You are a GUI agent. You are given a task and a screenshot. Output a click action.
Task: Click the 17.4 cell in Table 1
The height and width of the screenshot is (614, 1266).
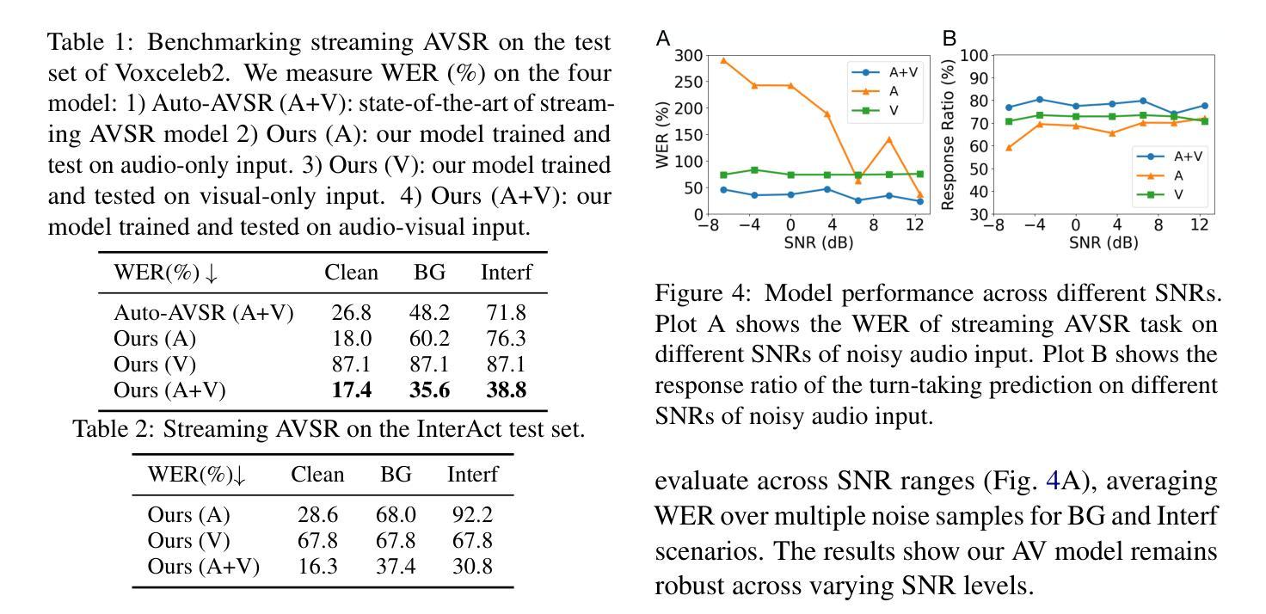(351, 390)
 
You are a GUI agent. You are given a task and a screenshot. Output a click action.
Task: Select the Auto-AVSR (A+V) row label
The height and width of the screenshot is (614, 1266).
(205, 314)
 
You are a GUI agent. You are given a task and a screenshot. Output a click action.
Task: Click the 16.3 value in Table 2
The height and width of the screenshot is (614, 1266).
(315, 567)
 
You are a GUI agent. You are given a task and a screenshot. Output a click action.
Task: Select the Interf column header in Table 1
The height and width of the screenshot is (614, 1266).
(506, 273)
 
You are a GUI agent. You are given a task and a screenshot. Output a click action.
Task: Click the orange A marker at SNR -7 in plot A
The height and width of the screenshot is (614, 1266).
(723, 61)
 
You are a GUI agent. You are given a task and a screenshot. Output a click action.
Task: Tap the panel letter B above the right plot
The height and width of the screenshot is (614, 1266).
(949, 38)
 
